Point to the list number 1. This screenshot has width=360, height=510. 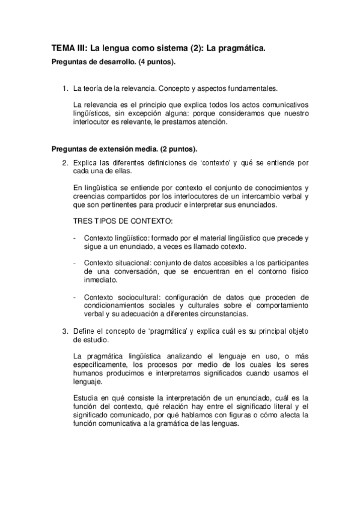(x=64, y=89)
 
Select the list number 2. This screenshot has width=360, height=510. (x=64, y=162)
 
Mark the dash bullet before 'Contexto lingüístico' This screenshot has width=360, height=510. (x=74, y=238)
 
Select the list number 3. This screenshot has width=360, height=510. (x=64, y=331)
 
